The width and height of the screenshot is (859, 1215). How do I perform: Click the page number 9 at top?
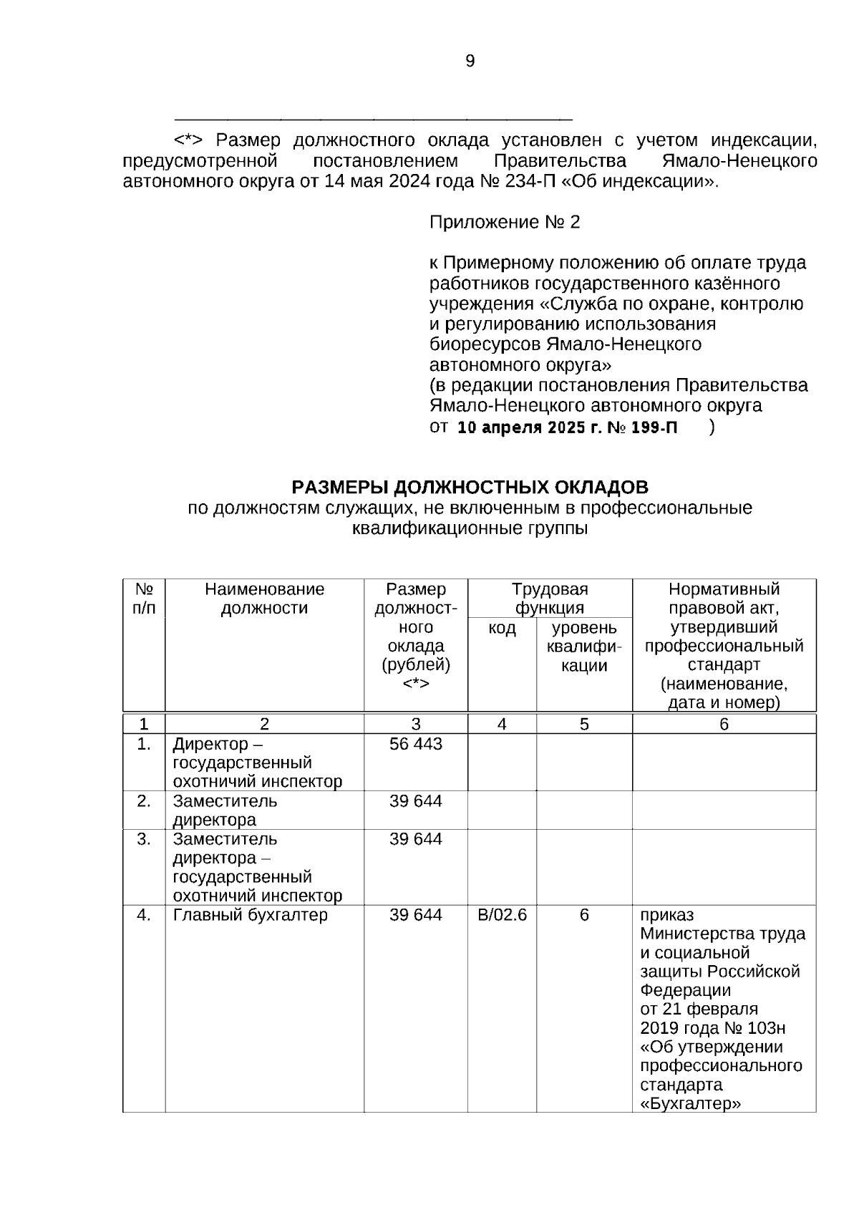click(470, 62)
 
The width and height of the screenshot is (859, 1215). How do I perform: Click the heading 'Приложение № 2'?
click(504, 223)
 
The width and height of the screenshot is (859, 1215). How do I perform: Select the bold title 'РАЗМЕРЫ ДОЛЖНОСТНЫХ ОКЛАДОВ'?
click(470, 488)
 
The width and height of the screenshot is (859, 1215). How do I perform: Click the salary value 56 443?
click(415, 745)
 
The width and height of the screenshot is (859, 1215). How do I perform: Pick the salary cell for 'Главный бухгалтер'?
click(415, 915)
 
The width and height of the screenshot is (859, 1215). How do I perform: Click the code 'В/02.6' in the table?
click(502, 915)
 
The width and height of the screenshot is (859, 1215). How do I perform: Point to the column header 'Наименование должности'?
click(264, 599)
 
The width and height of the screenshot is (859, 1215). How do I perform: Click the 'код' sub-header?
click(502, 629)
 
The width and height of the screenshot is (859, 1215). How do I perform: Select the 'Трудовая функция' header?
click(549, 599)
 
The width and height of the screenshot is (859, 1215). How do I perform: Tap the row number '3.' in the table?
click(144, 839)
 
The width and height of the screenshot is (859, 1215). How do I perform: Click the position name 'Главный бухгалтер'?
click(250, 915)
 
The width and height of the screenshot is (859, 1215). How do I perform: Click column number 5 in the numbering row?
click(584, 724)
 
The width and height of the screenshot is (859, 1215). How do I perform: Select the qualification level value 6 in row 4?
click(584, 915)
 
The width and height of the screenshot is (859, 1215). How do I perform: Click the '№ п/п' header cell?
click(144, 599)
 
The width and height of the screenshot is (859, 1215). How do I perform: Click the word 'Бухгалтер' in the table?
click(691, 1103)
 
